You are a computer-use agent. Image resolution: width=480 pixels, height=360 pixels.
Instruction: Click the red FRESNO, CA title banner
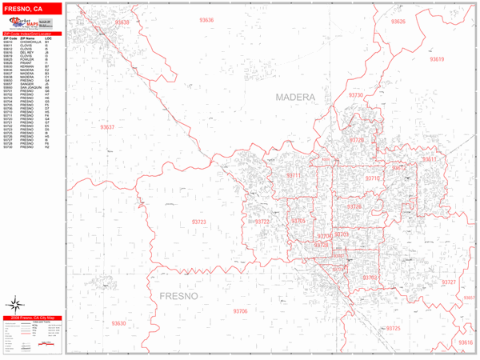pyautogui.click(x=32, y=9)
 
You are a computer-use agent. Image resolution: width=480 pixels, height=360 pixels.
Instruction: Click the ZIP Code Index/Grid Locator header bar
pyautogui.click(x=32, y=34)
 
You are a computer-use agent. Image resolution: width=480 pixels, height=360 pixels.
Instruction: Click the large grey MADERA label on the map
pyautogui.click(x=295, y=97)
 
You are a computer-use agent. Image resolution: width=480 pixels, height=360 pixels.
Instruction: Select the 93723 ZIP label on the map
pyautogui.click(x=199, y=222)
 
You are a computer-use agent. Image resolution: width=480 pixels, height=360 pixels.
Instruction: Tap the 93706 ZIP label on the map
pyautogui.click(x=241, y=310)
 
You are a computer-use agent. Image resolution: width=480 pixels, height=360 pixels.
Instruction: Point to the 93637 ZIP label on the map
pyautogui.click(x=107, y=127)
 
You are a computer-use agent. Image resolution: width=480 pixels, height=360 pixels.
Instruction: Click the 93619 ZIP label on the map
pyautogui.click(x=436, y=59)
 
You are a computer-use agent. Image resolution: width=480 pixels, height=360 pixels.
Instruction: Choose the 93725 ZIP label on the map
pyautogui.click(x=393, y=329)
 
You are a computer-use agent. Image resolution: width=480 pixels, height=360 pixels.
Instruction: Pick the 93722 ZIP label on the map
pyautogui.click(x=263, y=222)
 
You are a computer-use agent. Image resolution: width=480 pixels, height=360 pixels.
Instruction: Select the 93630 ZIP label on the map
pyautogui.click(x=118, y=323)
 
